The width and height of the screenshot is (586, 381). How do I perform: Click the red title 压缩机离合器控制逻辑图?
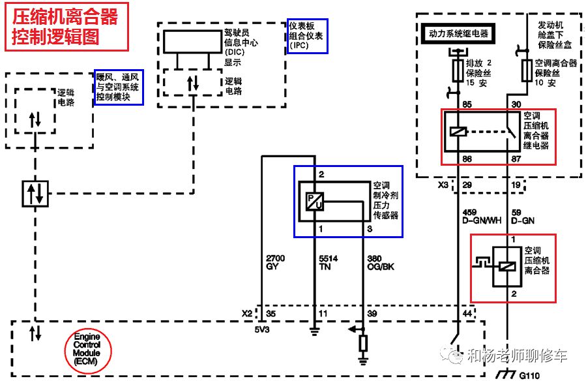65,27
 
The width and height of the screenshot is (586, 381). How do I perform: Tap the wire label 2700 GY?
276,263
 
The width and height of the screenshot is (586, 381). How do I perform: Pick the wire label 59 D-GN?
523,217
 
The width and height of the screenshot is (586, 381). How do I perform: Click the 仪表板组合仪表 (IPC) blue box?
307,36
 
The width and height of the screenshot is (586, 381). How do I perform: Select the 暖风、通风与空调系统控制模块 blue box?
118,87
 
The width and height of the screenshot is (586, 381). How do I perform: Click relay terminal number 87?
517,159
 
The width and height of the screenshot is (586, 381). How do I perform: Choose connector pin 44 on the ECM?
467,314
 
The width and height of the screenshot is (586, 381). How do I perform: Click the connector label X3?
443,185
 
